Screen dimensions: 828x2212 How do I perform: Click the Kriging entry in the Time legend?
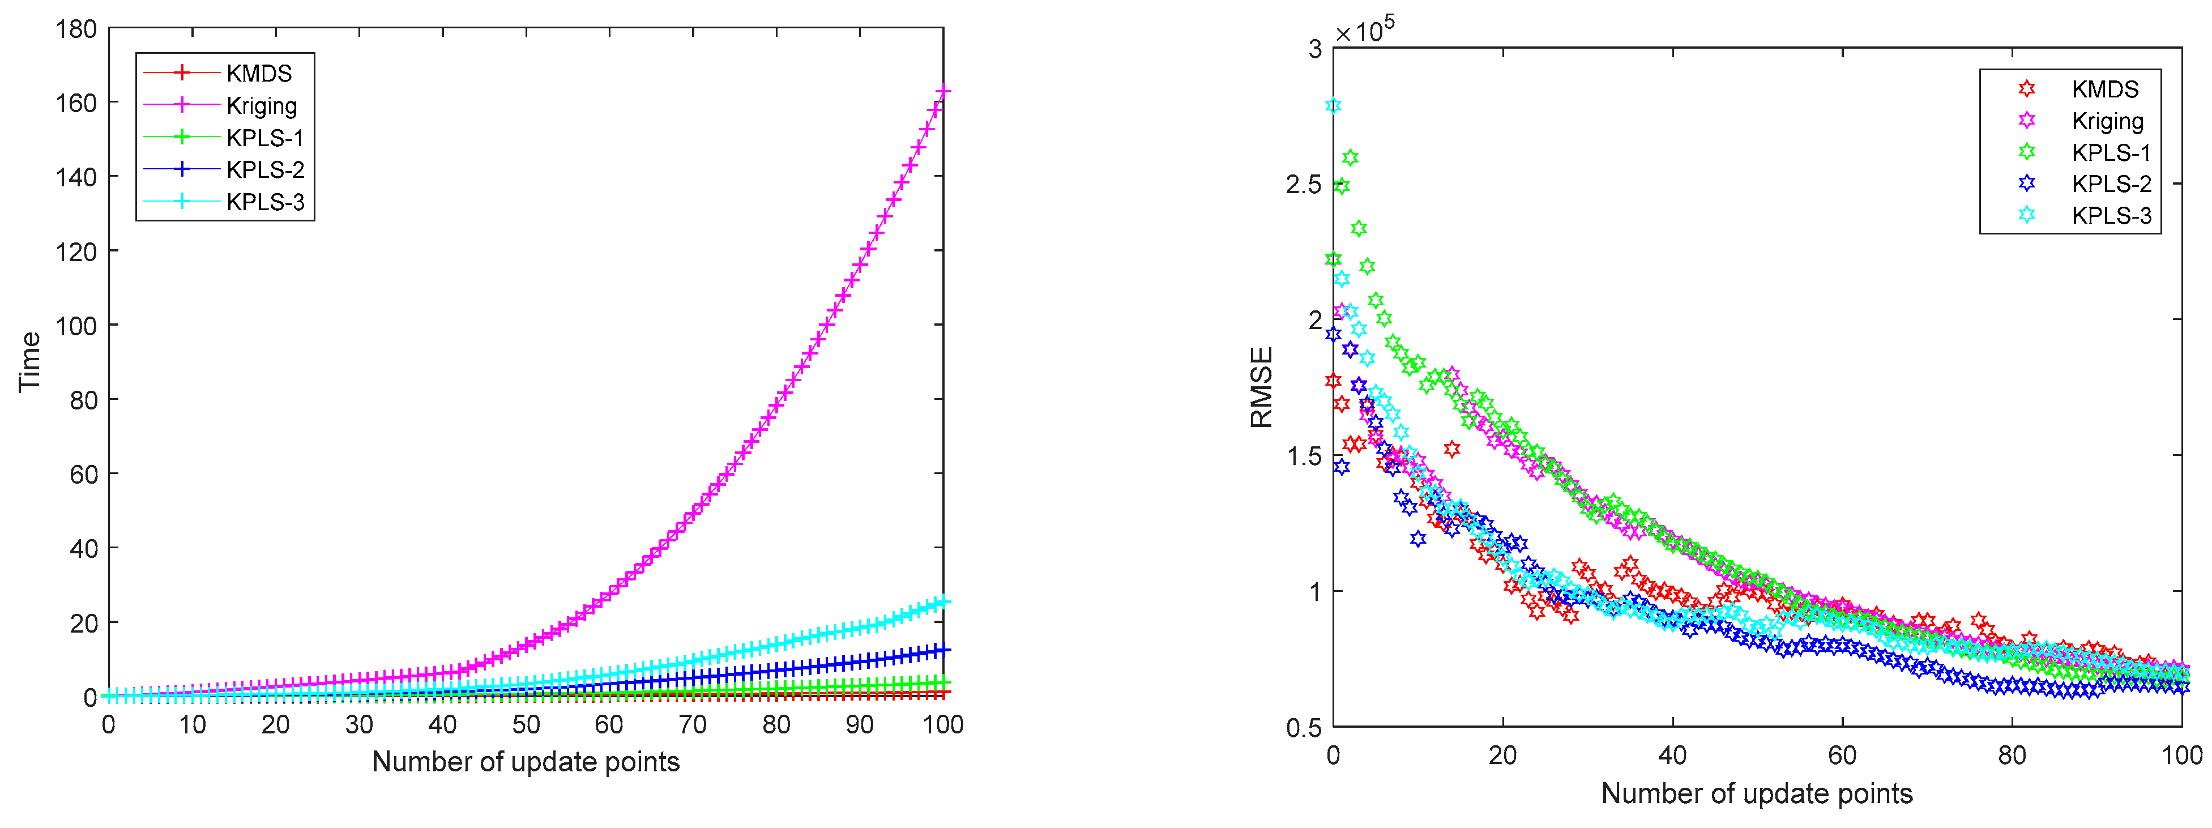coord(261,106)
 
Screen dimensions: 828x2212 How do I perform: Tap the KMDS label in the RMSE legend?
coord(2104,89)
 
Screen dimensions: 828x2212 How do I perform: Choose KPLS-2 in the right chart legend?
coord(2111,184)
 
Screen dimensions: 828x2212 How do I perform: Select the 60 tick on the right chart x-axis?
coord(1842,756)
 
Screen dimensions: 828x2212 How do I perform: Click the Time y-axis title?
coord(29,361)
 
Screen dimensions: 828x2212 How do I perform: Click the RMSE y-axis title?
coord(1261,387)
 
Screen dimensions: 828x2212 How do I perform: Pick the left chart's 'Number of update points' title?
coord(526,762)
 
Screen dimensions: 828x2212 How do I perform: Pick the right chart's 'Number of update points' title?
coord(1757,793)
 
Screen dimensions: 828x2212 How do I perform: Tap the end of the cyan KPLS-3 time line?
coord(943,602)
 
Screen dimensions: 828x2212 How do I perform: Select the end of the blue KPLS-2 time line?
coord(943,650)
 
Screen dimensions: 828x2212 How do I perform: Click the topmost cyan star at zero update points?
coord(1333,106)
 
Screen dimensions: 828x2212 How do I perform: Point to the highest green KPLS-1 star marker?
coord(1350,157)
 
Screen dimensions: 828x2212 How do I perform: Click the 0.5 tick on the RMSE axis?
coord(1304,728)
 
